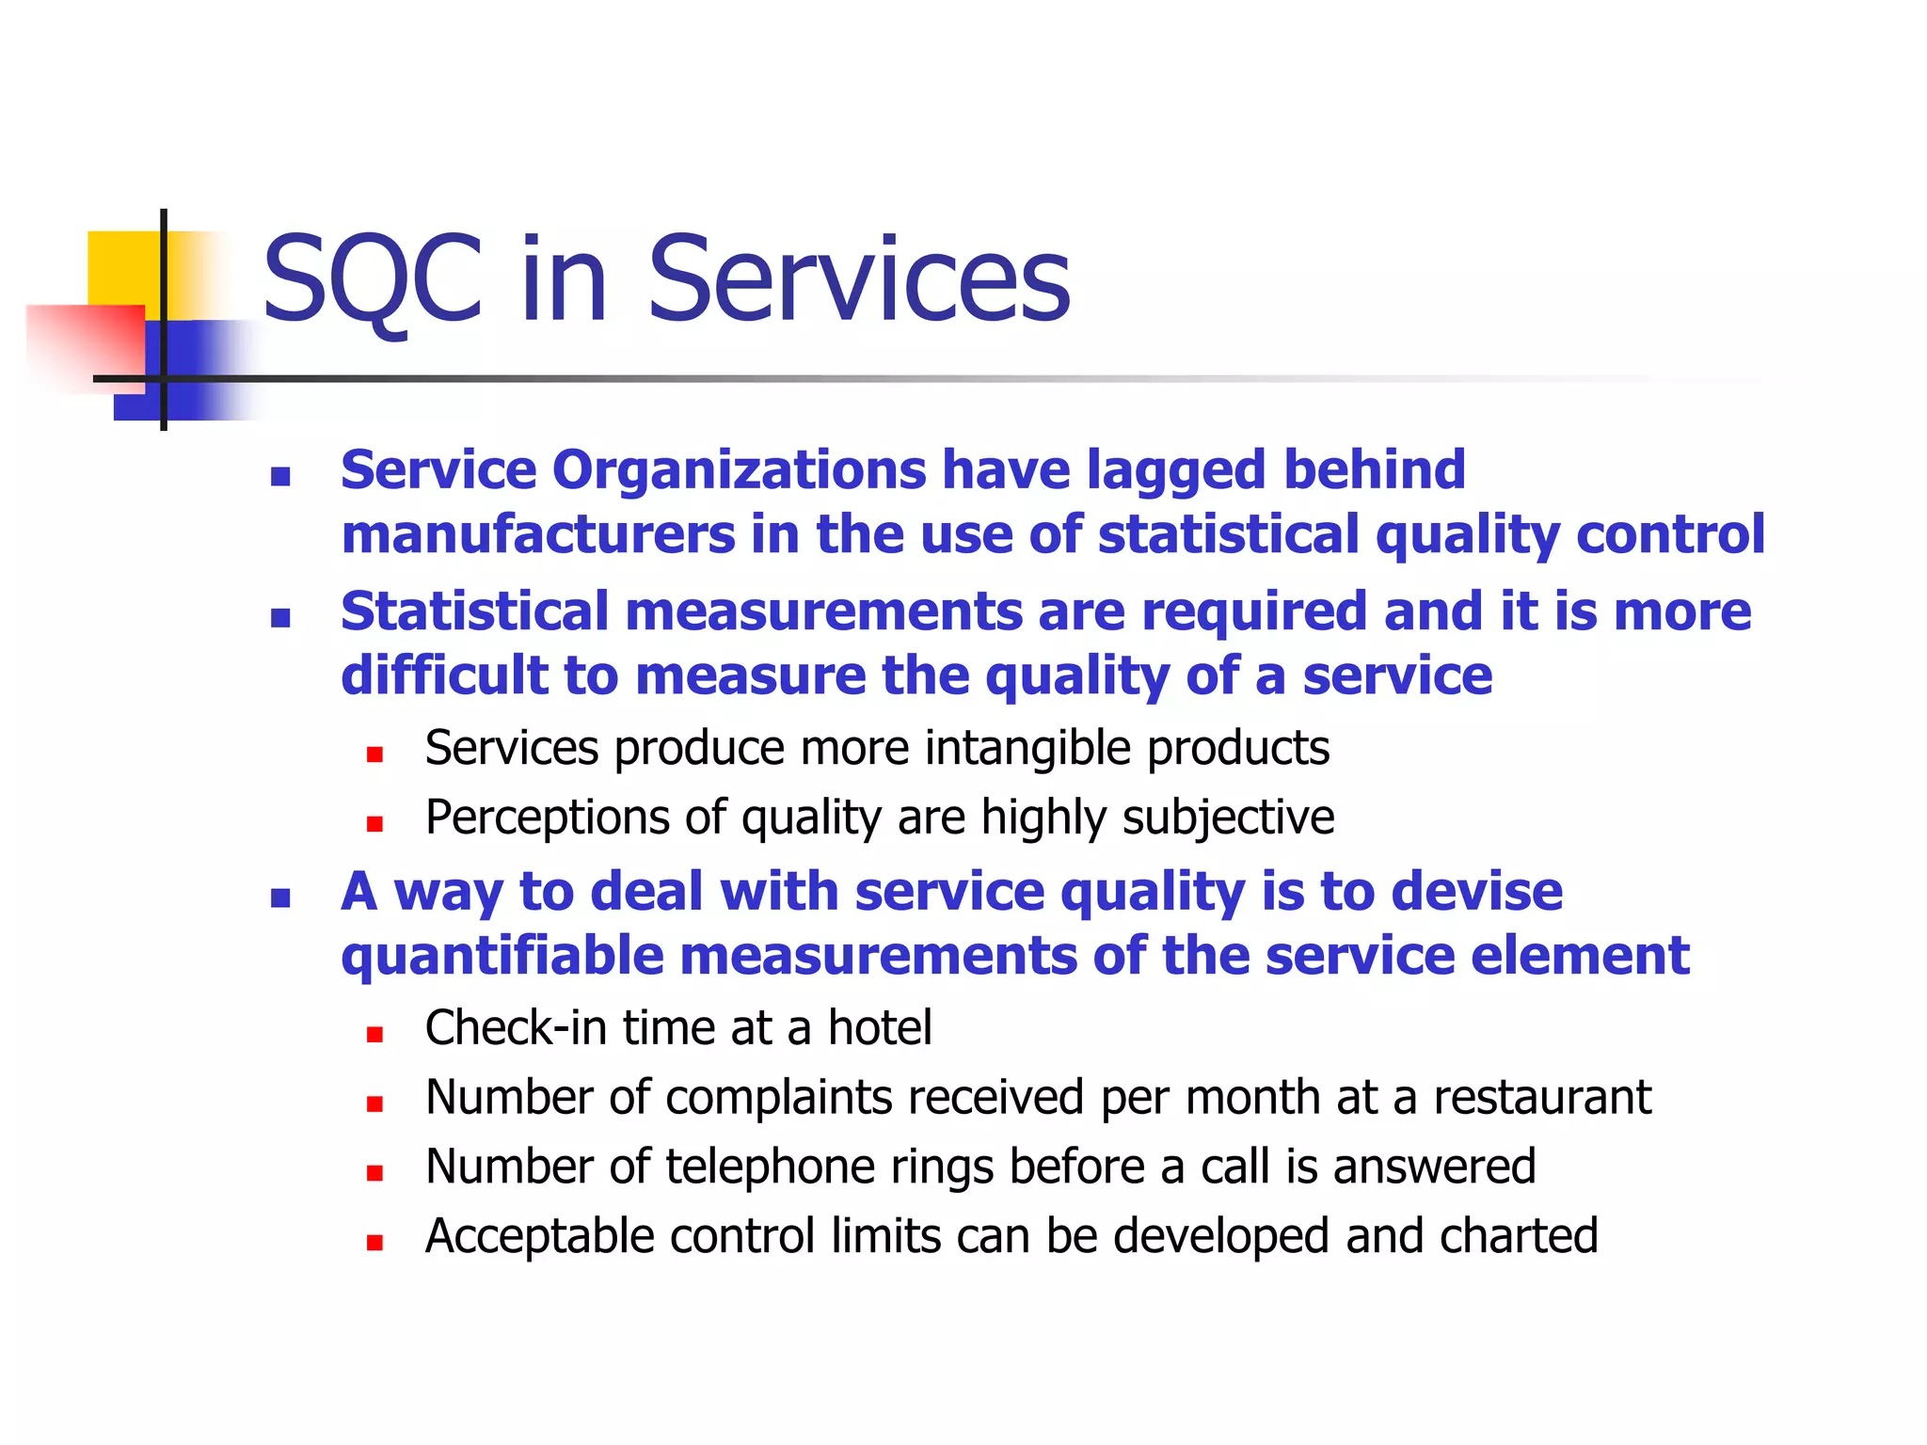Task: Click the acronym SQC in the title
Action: (373, 279)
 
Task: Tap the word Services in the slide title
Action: (858, 279)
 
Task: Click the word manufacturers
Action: (537, 534)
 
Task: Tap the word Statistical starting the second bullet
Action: (474, 611)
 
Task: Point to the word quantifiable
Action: (502, 957)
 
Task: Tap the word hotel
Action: (879, 1027)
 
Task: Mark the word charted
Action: (1518, 1236)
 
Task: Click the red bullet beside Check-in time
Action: (374, 1035)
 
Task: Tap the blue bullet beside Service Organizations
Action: (279, 476)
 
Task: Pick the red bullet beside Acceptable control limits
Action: (374, 1243)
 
